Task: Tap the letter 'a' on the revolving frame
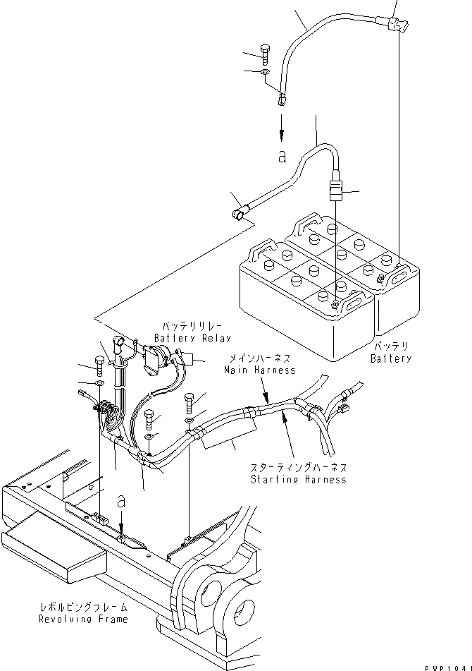click(121, 501)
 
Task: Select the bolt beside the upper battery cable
click(264, 54)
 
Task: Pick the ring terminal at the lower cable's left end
click(240, 210)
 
